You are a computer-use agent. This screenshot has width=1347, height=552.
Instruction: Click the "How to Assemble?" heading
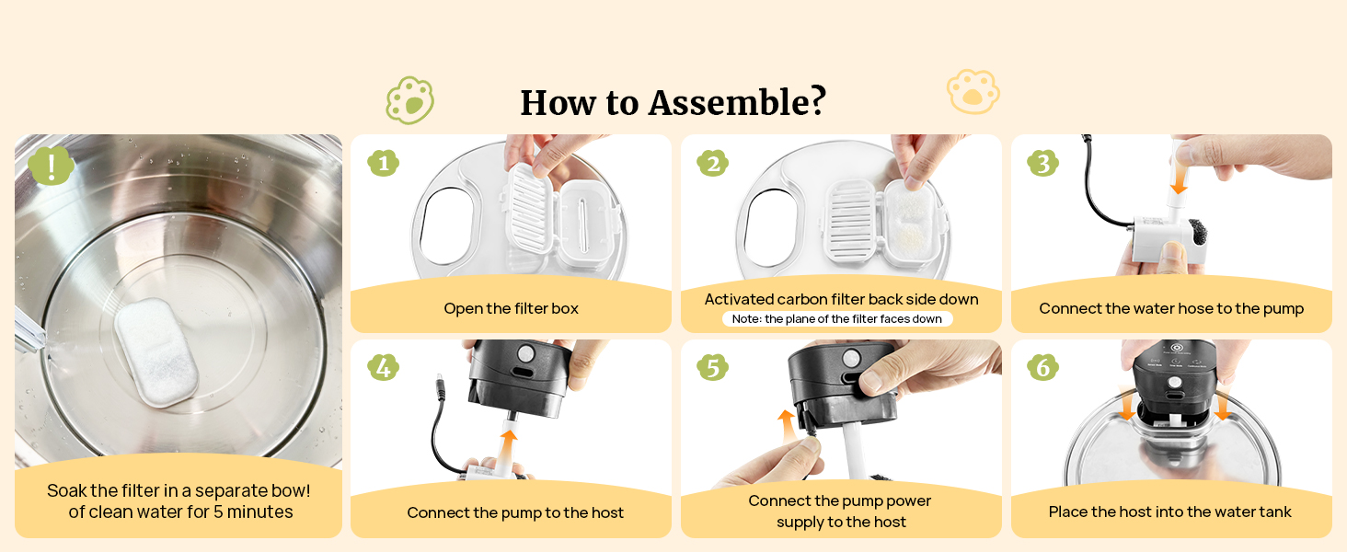(x=673, y=102)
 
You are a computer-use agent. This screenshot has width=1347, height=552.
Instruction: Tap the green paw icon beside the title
(x=410, y=100)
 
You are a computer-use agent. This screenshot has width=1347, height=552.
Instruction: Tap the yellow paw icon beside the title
(x=973, y=92)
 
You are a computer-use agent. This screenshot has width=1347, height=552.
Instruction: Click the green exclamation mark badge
(x=52, y=165)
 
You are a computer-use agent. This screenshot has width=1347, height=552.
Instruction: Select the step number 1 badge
(x=383, y=163)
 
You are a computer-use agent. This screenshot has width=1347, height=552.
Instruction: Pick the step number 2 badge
(x=712, y=163)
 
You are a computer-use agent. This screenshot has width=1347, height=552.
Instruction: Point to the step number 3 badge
(x=1042, y=163)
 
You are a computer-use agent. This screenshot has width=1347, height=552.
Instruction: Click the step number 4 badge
(x=383, y=367)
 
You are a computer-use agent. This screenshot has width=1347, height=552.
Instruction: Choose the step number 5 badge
(x=712, y=367)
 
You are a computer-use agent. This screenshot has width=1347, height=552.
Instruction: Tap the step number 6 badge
(x=1042, y=367)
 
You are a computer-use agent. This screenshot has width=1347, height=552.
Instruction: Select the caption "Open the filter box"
(x=512, y=308)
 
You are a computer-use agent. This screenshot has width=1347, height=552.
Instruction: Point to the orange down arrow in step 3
(x=1180, y=179)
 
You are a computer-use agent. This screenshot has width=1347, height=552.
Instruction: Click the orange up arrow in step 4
(x=509, y=453)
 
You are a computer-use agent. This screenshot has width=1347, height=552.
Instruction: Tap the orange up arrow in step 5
(x=788, y=426)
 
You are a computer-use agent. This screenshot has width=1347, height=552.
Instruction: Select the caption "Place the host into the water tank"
(x=1169, y=512)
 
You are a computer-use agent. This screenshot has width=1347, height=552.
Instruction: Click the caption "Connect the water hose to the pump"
(x=1171, y=308)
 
